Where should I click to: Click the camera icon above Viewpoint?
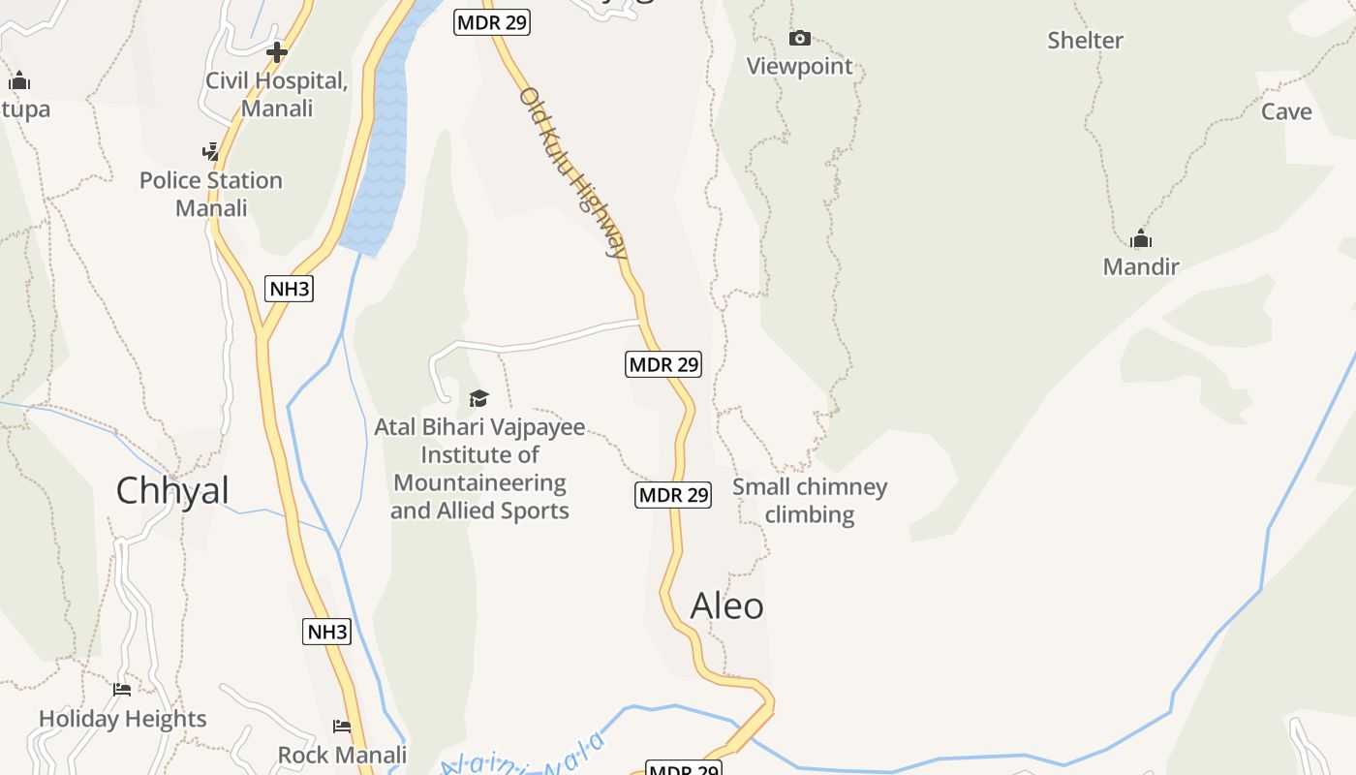(x=799, y=39)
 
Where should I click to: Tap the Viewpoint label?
(x=799, y=67)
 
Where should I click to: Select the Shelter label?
(x=1085, y=41)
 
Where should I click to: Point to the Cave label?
(x=1286, y=112)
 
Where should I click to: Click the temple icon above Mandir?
(x=1141, y=238)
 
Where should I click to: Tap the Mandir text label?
(x=1141, y=266)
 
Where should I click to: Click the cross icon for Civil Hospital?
(x=277, y=52)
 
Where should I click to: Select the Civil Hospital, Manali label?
(x=277, y=95)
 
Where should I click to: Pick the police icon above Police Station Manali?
(x=210, y=151)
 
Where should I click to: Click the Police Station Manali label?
(x=211, y=194)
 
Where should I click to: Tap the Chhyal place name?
(x=172, y=490)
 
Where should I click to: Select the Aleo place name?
(x=726, y=606)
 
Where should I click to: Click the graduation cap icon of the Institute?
(x=478, y=398)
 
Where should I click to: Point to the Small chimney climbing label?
(x=810, y=501)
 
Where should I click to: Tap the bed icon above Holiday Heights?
(x=122, y=690)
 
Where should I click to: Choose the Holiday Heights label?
(x=123, y=719)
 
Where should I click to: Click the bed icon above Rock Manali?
(x=342, y=726)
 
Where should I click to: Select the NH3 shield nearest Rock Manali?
(x=326, y=632)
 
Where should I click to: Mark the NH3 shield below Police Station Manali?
(x=289, y=288)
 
